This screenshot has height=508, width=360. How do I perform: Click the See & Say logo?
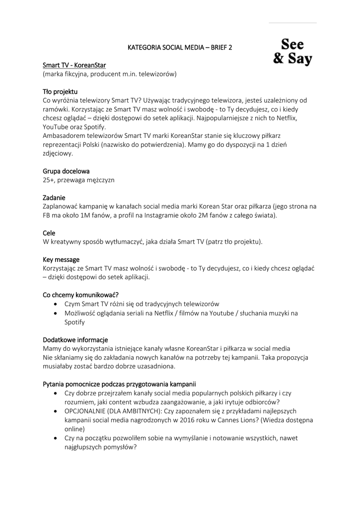tap(293, 51)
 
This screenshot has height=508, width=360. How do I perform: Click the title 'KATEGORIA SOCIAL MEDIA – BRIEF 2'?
tap(180, 48)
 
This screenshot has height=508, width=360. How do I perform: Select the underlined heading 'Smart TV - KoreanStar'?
tap(74, 65)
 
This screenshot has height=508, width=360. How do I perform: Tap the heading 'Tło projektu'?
tap(60, 91)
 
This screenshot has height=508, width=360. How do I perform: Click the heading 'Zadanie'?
tap(54, 197)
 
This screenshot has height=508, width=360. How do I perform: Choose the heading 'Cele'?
tap(49, 233)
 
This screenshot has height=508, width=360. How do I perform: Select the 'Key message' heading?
tap(61, 259)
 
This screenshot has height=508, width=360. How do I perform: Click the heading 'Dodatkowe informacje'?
tap(75, 339)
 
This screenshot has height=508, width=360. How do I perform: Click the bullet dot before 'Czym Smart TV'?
tap(55, 304)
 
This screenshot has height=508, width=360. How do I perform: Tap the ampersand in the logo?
tap(279, 60)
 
